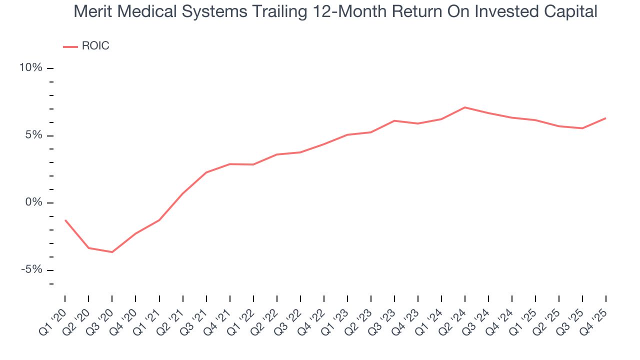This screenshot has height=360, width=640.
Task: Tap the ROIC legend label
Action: tap(95, 46)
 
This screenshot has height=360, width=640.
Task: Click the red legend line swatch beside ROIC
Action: tap(70, 46)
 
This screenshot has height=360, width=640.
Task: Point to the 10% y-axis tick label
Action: tap(30, 67)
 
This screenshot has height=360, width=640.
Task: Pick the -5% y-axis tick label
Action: tap(31, 270)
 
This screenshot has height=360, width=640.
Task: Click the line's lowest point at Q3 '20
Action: tap(112, 252)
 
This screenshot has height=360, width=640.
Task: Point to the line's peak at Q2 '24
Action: tap(465, 107)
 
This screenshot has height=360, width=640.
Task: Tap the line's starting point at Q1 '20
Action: tap(65, 220)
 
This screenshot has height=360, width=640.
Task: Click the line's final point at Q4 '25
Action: tap(606, 118)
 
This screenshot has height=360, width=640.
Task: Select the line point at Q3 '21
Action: tap(206, 172)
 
